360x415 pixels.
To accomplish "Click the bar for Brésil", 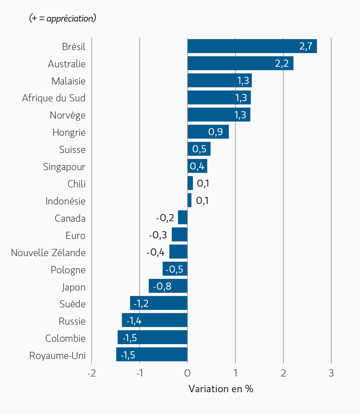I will pyautogui.click(x=252, y=46).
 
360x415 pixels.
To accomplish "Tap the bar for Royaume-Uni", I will pyautogui.click(x=152, y=355).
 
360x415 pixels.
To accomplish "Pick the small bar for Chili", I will pyautogui.click(x=190, y=183).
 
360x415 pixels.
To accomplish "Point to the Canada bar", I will pyautogui.click(x=183, y=218).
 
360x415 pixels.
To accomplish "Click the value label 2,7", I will pyautogui.click(x=306, y=46).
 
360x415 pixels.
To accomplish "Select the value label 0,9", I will pyautogui.click(x=215, y=132).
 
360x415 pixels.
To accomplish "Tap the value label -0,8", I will pyautogui.click(x=162, y=286).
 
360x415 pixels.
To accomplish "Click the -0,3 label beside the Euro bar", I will pyautogui.click(x=158, y=235).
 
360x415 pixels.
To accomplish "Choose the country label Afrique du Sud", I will pyautogui.click(x=54, y=98).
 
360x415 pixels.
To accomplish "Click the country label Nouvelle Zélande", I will pyautogui.click(x=48, y=253).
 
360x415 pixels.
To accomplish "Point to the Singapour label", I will pyautogui.click(x=64, y=167).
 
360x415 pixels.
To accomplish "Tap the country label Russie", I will pyautogui.click(x=72, y=321).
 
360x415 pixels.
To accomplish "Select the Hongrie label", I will pyautogui.click(x=69, y=132).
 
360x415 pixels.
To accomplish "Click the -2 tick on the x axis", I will pyautogui.click(x=91, y=373).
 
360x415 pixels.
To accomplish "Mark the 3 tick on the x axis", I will pyautogui.click(x=331, y=373).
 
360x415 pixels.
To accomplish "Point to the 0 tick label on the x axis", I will pyautogui.click(x=187, y=373).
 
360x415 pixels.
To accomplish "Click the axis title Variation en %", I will pyautogui.click(x=221, y=389).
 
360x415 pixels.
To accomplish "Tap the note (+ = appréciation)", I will pyautogui.click(x=63, y=18).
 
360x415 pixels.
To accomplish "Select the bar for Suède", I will pyautogui.click(x=158, y=303).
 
